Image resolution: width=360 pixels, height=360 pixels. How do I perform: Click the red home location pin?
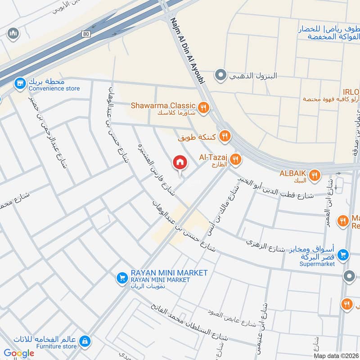[180, 163]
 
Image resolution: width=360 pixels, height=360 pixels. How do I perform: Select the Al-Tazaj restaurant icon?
[235, 159]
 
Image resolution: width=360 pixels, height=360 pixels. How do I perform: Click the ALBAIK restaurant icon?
[315, 175]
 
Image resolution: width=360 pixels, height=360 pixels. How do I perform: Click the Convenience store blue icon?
[19, 83]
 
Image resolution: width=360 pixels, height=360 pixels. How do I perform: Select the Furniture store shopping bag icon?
[84, 342]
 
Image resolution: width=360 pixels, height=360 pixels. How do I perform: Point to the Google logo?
[18, 353]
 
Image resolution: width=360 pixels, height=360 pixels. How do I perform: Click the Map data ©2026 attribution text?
[336, 356]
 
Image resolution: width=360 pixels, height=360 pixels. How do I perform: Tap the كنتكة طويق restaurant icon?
[225, 135]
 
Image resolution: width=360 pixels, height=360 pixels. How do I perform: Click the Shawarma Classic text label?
[163, 105]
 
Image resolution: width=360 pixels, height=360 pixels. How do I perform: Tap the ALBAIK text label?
[293, 173]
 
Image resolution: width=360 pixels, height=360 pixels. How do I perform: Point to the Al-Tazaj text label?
[213, 157]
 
